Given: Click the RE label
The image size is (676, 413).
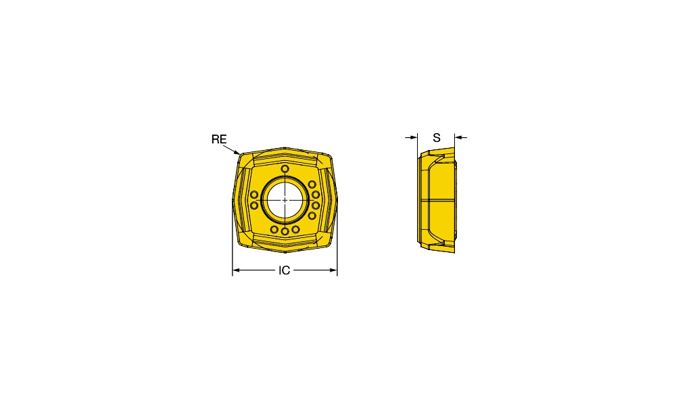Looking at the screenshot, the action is (x=218, y=139).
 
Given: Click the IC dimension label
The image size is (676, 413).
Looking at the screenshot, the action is (x=284, y=270).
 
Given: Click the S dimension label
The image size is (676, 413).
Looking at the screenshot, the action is (x=437, y=137).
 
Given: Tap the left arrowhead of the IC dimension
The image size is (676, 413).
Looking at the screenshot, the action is (x=236, y=270).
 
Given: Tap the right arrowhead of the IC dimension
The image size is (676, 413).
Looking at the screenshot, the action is (x=333, y=270).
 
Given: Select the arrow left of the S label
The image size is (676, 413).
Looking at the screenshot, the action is (x=411, y=137).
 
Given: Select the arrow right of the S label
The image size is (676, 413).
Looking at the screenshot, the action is (x=461, y=137).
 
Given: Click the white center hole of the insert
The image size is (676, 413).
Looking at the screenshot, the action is (x=285, y=199).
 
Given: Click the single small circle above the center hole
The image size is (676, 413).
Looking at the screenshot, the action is (x=285, y=168).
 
